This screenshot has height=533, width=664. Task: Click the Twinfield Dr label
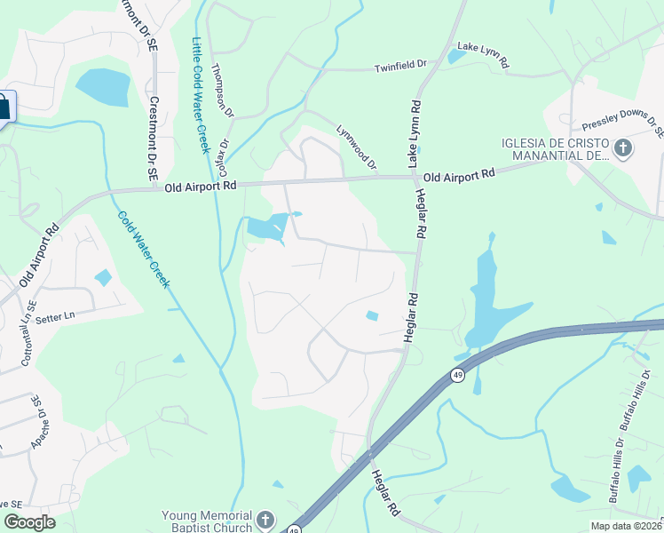coord(400,65)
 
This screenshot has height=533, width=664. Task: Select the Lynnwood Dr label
coord(357,147)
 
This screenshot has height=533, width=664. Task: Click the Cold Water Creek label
coord(142,250)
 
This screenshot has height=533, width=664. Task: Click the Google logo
coord(29,522)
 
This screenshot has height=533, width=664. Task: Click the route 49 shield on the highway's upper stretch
coord(457,376)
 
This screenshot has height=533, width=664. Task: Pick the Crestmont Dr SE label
coord(153,139)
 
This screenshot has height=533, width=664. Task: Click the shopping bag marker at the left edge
coord(4,107)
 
